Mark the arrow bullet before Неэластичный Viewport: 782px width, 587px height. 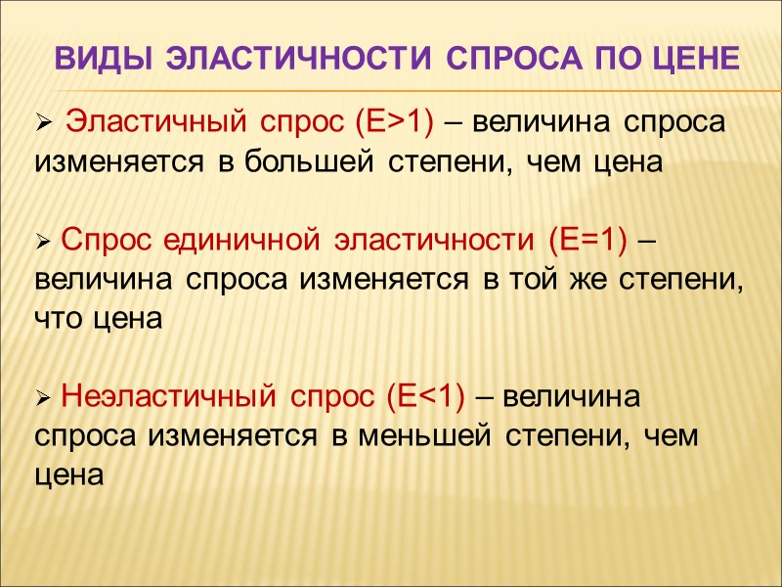pos(42,398)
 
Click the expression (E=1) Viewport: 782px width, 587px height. pos(586,240)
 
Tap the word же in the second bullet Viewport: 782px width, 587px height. pos(589,280)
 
